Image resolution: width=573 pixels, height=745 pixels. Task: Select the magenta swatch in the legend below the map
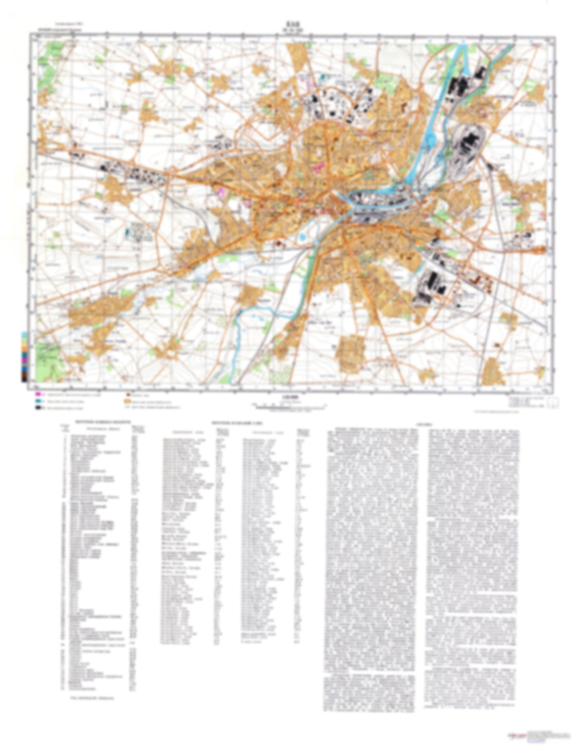click(x=37, y=394)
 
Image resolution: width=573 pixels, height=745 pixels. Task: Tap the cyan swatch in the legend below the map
click(x=37, y=401)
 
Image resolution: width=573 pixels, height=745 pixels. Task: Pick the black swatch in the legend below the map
click(x=37, y=407)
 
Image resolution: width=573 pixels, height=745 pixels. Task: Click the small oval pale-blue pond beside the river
click(x=302, y=238)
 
